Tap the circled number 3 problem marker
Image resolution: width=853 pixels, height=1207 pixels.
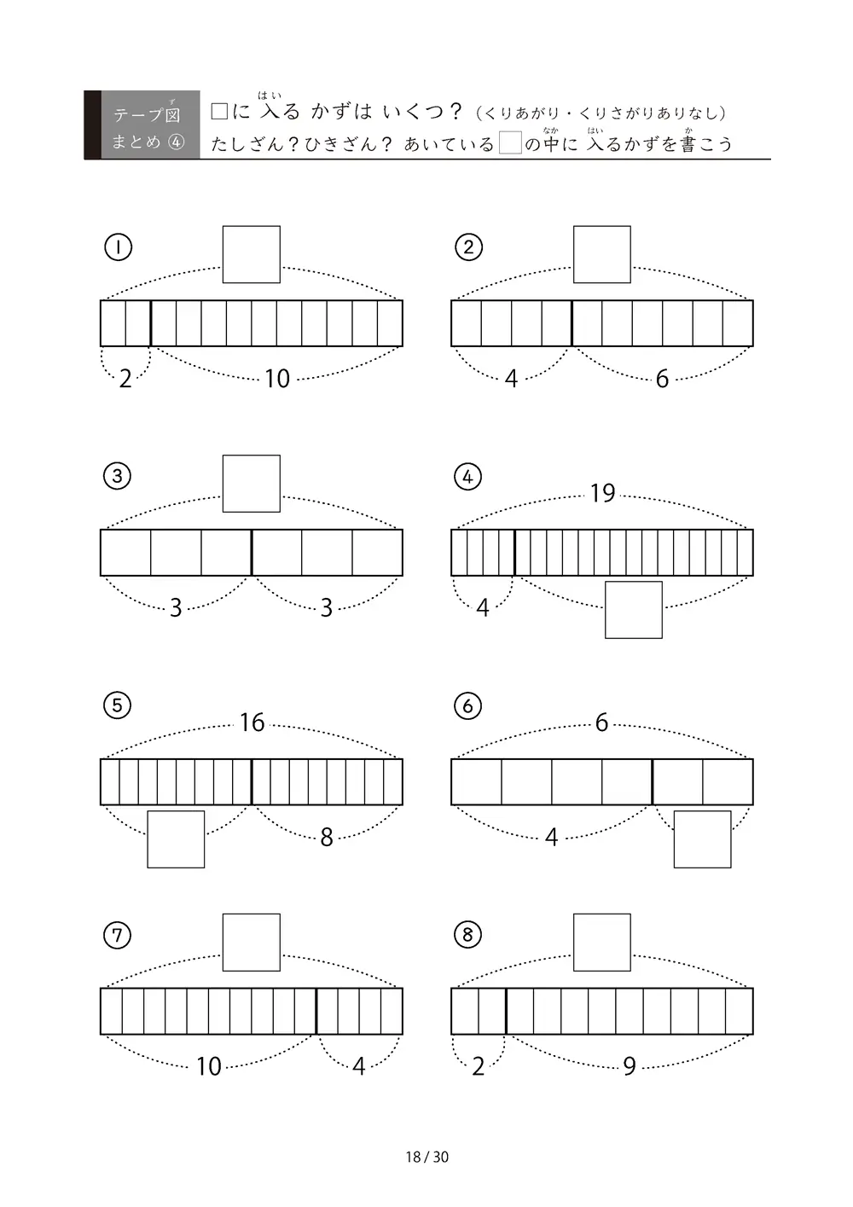click(117, 476)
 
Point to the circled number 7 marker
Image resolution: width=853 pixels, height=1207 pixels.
click(117, 935)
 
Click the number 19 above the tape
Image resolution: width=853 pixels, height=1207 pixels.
click(602, 493)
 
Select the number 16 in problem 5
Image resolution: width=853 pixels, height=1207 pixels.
click(252, 722)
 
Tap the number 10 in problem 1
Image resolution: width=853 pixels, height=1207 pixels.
click(277, 379)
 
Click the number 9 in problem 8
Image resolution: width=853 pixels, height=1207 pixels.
click(630, 1065)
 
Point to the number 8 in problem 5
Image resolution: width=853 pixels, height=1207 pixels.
click(327, 838)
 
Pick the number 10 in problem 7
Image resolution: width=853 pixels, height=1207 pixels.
click(208, 1066)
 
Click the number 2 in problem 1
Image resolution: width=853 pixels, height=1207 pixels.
click(125, 379)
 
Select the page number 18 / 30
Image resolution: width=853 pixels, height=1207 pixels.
click(426, 1157)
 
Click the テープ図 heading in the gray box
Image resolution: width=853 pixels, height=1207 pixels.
click(147, 115)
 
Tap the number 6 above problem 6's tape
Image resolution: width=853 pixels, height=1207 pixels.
click(602, 722)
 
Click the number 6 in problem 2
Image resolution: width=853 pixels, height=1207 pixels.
click(662, 379)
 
